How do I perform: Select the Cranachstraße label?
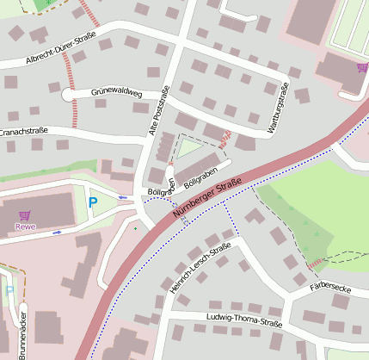point(23,132)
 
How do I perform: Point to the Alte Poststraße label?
point(159,112)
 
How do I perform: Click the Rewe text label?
point(26,227)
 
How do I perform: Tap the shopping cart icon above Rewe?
point(26,215)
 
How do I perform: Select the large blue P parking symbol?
point(93,203)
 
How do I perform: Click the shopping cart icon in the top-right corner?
point(362,67)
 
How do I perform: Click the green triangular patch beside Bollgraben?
point(188,148)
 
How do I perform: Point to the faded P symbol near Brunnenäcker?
point(9,290)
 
